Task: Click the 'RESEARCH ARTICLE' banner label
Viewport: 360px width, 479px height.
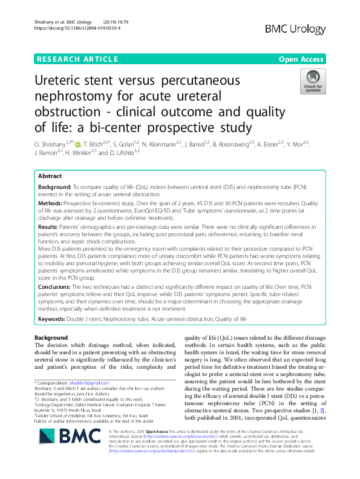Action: pyautogui.click(x=76, y=59)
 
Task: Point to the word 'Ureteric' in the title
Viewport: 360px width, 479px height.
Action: pyautogui.click(x=65, y=81)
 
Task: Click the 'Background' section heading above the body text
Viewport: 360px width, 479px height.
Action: pyautogui.click(x=51, y=337)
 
